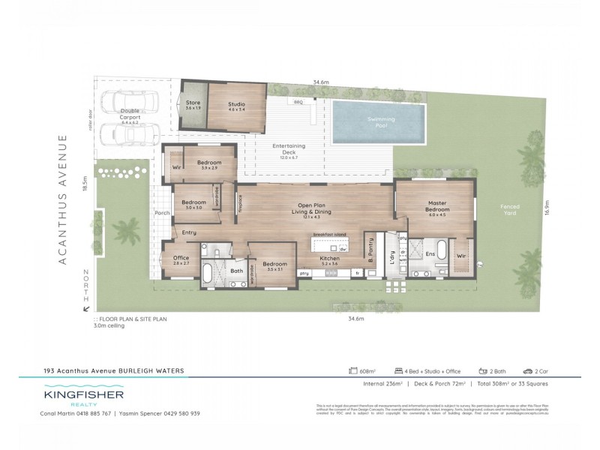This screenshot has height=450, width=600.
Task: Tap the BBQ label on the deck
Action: point(298,101)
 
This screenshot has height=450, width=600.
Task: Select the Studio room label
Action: point(235,105)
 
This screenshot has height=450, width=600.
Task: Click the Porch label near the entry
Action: point(161,213)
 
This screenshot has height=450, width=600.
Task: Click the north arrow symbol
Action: point(86,307)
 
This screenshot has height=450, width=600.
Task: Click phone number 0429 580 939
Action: point(178,413)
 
